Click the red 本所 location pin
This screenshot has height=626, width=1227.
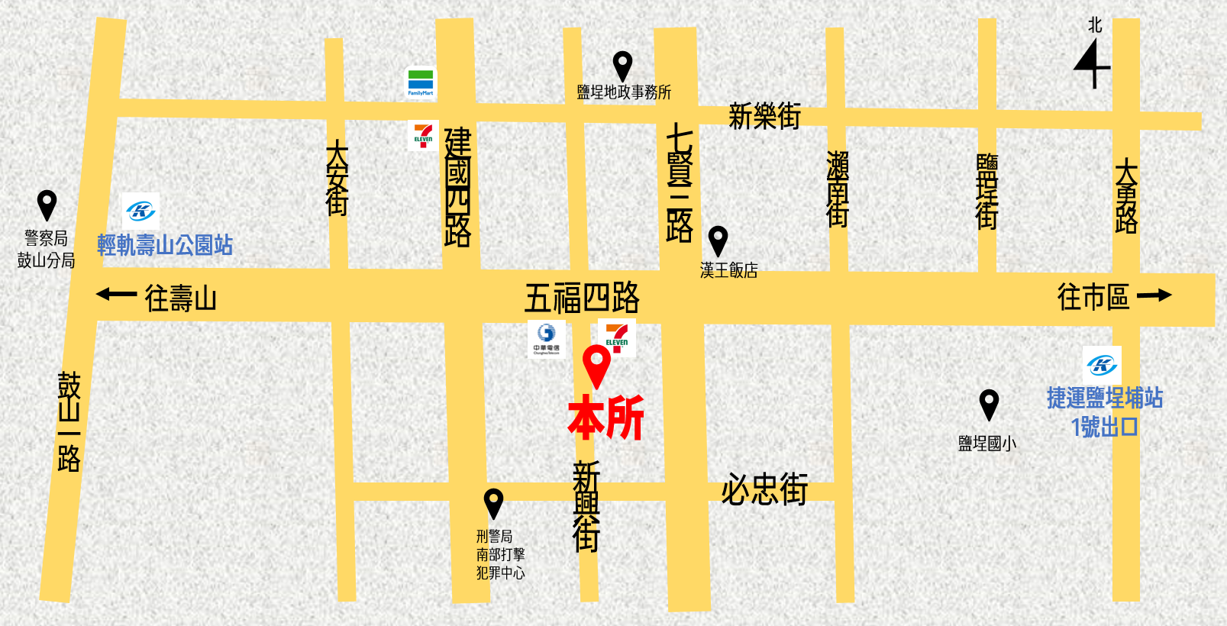(596, 365)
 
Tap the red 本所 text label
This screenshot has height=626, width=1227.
(606, 418)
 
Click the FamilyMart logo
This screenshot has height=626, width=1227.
(421, 83)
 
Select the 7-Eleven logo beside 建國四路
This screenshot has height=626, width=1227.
(423, 135)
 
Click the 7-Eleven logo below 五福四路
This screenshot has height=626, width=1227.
(617, 337)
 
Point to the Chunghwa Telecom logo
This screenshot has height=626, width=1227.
(546, 338)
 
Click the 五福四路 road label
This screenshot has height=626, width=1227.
(582, 298)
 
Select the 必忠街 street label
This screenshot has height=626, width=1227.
(764, 489)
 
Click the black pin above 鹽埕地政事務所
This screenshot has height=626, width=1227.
(623, 66)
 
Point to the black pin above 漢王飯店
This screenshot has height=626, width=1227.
(718, 240)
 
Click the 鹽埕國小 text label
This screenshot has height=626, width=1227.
(987, 444)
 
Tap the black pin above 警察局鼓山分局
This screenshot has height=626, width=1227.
(47, 205)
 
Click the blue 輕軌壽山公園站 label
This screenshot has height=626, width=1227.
(165, 245)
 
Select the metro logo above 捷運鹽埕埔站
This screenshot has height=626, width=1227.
(1102, 365)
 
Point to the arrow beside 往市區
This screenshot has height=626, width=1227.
(1154, 295)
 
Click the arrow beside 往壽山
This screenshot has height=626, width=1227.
(116, 294)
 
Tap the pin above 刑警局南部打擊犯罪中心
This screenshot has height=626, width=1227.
(494, 503)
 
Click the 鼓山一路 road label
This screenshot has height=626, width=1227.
(69, 421)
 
